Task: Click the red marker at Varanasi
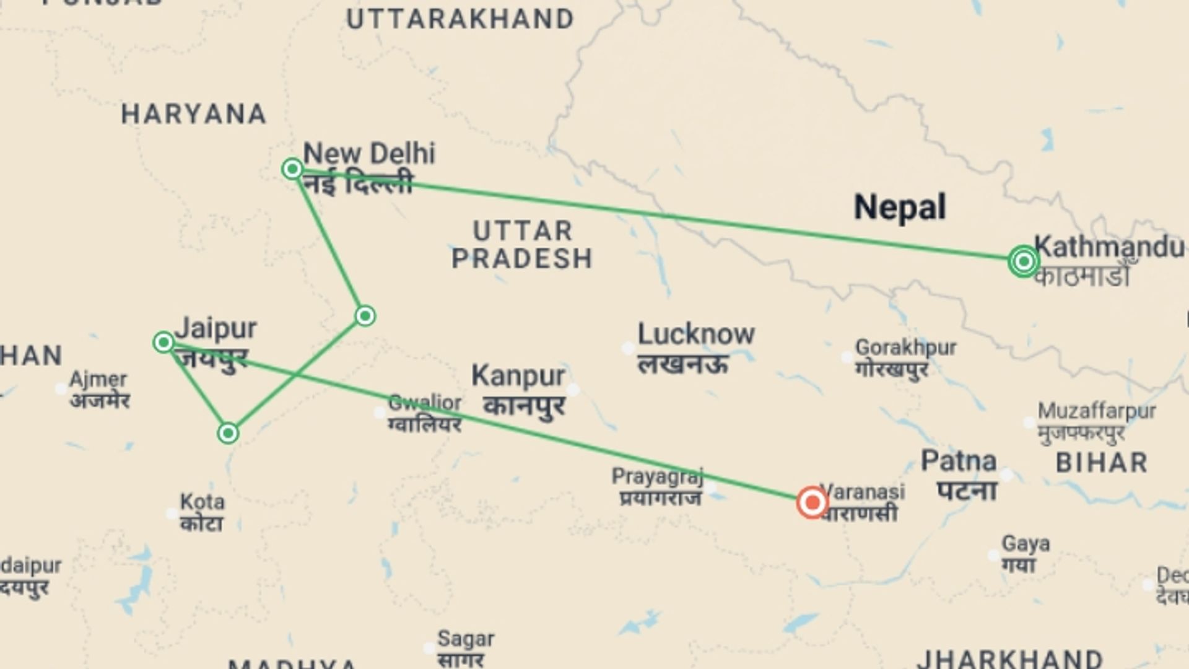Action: click(x=812, y=502)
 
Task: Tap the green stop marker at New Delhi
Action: click(x=292, y=168)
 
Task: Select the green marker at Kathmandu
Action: click(x=1023, y=261)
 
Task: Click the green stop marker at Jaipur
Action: click(x=163, y=342)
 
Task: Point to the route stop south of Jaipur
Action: click(x=228, y=433)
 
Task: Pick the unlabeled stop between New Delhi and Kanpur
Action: click(x=365, y=316)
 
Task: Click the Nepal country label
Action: click(x=900, y=207)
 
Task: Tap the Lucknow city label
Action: click(x=696, y=334)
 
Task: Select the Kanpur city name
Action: click(x=518, y=376)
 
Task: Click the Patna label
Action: click(x=959, y=461)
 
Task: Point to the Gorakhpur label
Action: click(x=905, y=348)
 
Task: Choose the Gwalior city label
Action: click(x=425, y=403)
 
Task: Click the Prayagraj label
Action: click(x=658, y=477)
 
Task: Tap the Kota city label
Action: click(x=202, y=502)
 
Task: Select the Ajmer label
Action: click(x=98, y=379)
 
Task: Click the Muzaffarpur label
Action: click(x=1097, y=411)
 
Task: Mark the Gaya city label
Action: click(x=1026, y=544)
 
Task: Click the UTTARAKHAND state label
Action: click(x=460, y=20)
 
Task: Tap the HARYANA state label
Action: click(x=194, y=115)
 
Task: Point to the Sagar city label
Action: click(x=466, y=639)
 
